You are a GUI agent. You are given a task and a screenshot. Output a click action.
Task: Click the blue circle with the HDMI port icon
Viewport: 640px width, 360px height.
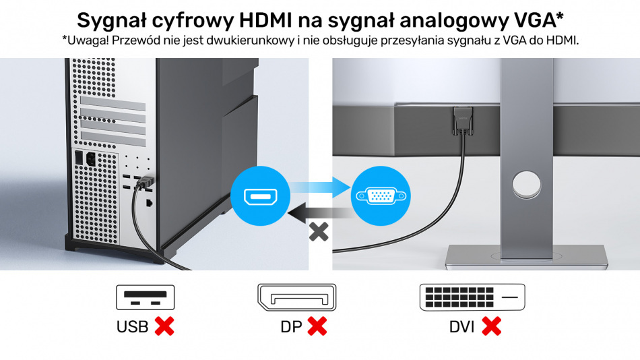tap(261, 196)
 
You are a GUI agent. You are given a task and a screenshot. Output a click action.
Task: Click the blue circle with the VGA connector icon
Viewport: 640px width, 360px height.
tap(381, 196)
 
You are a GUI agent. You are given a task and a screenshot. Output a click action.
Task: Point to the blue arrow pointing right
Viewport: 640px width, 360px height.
tap(321, 187)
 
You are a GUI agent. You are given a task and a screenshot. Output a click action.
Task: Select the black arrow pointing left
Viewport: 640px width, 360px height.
tap(321, 213)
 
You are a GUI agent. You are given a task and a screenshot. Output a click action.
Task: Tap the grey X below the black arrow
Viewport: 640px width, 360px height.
tap(319, 233)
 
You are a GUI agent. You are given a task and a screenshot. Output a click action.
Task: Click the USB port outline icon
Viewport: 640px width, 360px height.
tap(146, 297)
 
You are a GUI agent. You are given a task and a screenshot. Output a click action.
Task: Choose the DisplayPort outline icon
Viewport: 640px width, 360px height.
tap(296, 297)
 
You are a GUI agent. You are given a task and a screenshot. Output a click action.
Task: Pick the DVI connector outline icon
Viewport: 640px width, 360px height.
tap(472, 297)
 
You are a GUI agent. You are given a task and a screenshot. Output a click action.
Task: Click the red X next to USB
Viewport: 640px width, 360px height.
tap(164, 326)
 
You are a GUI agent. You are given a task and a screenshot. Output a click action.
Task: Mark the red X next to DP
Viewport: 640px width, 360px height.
tap(317, 326)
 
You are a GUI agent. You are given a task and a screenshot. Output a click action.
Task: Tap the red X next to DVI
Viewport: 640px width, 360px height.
tap(491, 326)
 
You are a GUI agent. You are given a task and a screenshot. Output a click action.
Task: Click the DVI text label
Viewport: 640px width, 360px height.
tap(461, 327)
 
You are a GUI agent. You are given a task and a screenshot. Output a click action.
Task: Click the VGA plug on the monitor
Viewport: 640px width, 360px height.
tap(463, 121)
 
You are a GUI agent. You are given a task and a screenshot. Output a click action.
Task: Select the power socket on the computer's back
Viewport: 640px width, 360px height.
tap(91, 159)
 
